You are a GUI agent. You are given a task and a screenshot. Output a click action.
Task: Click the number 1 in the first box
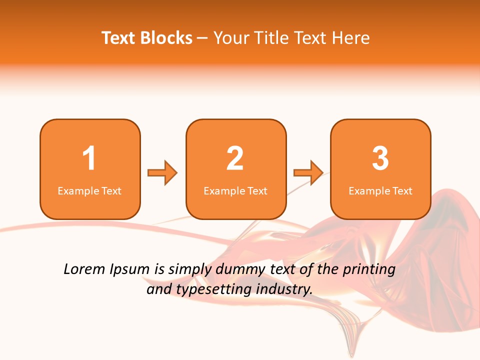point(89,158)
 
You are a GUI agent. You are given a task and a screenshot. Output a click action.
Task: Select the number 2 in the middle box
point(235,158)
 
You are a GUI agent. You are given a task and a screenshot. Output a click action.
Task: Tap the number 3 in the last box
point(380,158)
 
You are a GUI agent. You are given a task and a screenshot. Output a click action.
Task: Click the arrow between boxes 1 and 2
point(162,173)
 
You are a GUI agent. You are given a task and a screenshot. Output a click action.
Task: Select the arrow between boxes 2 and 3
point(308,173)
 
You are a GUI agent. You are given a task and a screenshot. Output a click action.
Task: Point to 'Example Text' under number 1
point(89,190)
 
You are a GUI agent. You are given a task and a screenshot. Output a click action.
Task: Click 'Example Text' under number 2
point(235,190)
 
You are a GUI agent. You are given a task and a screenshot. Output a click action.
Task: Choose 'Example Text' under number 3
point(380,190)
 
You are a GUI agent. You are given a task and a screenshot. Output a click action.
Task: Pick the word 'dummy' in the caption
point(241,270)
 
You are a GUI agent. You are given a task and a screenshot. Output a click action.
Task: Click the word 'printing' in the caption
point(368,270)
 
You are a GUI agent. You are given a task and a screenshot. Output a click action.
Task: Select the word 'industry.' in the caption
point(283,289)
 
